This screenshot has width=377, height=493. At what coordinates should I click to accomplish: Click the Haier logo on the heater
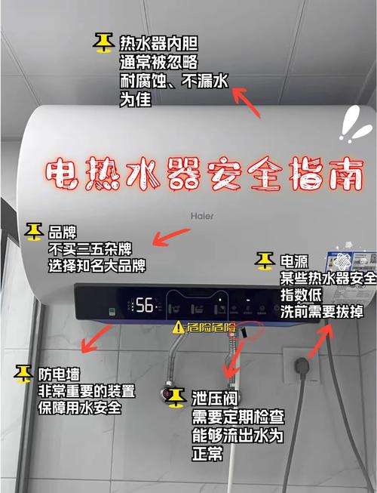tap(202, 216)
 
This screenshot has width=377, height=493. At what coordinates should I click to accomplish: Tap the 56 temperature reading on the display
tap(145, 305)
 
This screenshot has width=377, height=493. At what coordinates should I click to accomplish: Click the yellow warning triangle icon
tap(178, 328)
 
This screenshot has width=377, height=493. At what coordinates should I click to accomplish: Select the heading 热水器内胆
tap(158, 43)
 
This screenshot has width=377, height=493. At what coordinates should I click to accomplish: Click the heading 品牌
tap(63, 232)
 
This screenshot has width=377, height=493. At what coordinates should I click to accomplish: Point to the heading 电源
tap(295, 261)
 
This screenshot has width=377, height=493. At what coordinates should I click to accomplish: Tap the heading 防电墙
tap(59, 374)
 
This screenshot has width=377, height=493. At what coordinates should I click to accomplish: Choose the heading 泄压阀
tap(215, 399)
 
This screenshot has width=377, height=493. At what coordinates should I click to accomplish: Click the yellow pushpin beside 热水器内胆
tap(103, 43)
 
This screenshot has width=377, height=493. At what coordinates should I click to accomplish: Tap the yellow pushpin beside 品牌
tap(34, 232)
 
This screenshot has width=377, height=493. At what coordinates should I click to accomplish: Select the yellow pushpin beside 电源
tap(265, 260)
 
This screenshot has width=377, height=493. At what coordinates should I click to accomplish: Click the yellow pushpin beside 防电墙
tap(23, 374)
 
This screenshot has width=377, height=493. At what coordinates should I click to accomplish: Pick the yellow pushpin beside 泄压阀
tap(176, 398)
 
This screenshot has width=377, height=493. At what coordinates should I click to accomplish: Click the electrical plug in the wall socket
tap(302, 365)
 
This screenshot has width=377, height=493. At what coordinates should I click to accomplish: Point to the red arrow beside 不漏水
tap(247, 103)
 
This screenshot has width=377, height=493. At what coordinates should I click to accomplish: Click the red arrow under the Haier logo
tap(171, 237)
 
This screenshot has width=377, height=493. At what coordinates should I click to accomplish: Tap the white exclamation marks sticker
tap(355, 125)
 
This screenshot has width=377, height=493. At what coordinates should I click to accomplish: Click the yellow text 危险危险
tap(211, 328)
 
